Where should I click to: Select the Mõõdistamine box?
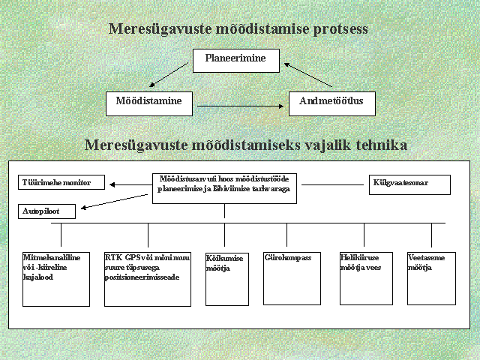coord(148,103)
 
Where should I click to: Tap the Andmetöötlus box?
coord(331,103)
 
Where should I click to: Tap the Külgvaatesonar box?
coord(409,184)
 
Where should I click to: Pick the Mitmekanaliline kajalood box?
coord(56,278)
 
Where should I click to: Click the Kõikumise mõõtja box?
coord(226,278)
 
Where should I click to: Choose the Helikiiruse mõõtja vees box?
coord(364,278)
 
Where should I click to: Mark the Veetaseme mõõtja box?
coord(430,278)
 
